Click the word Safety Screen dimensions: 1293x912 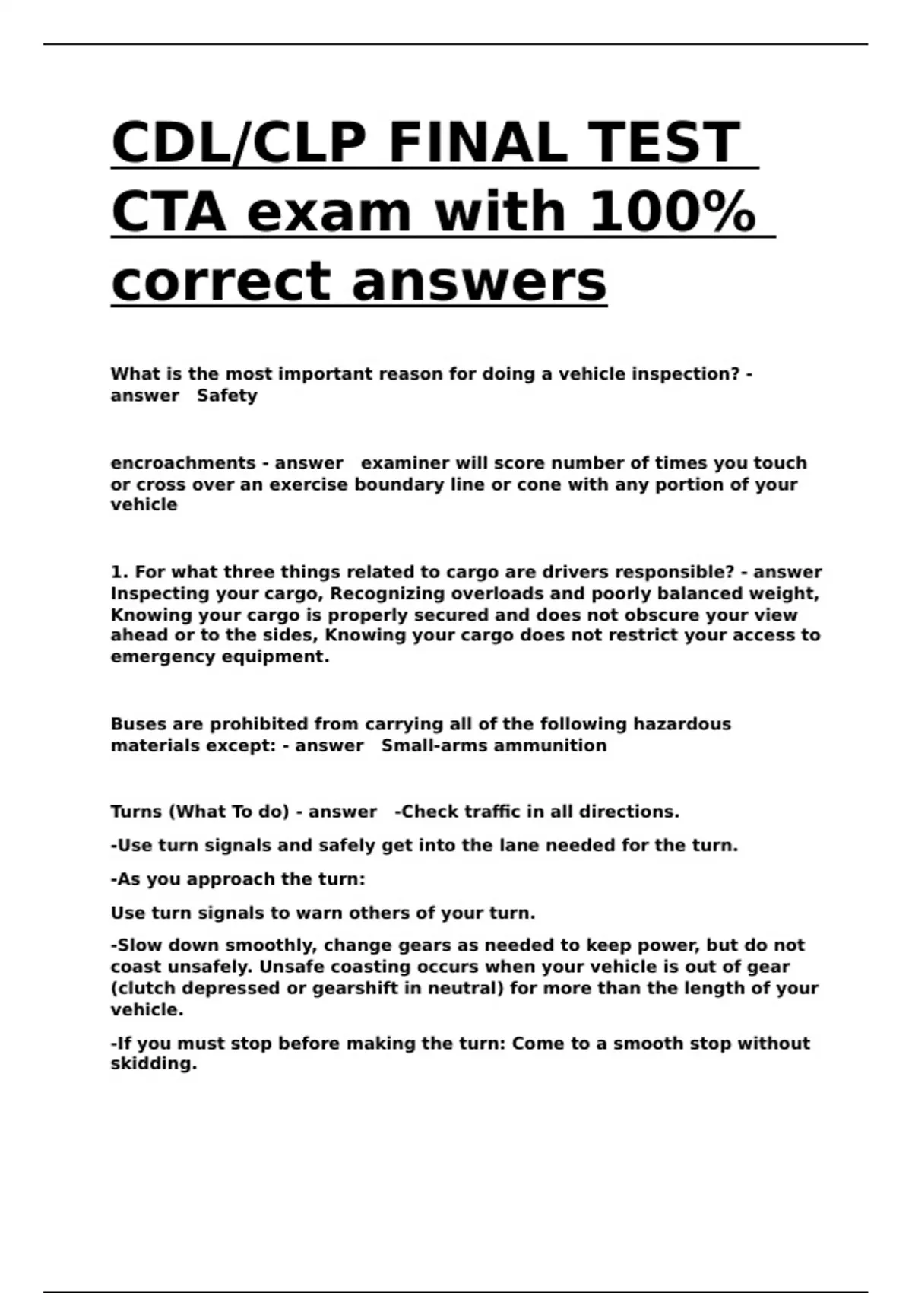[x=226, y=396]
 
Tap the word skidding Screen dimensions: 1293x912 [x=153, y=1064]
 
